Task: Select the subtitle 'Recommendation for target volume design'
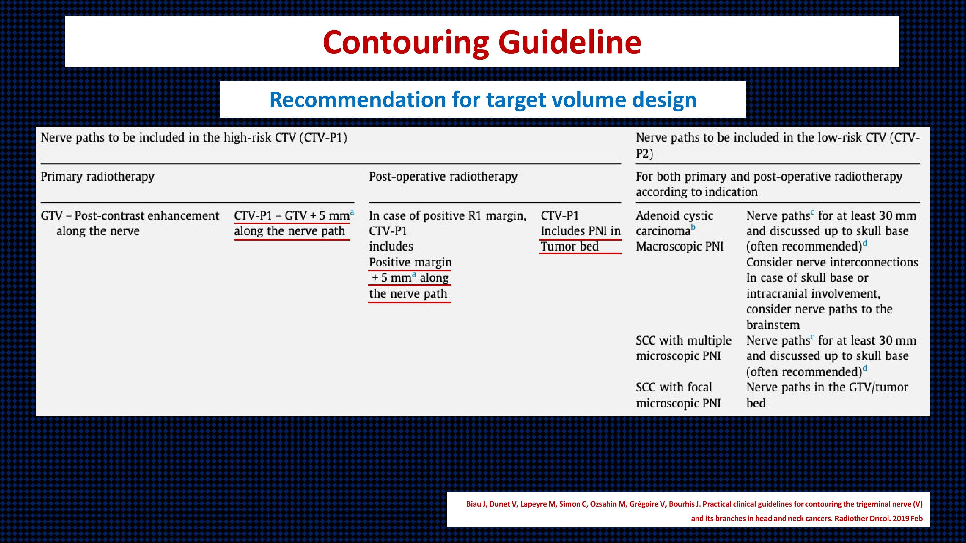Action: pos(483,100)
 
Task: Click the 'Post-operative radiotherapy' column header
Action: pos(443,176)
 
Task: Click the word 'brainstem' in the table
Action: pos(773,325)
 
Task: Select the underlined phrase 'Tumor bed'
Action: pos(570,247)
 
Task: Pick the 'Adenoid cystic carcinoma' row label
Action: pos(674,223)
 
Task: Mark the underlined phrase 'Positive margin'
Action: pos(410,262)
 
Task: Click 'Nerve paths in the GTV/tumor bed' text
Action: pos(827,395)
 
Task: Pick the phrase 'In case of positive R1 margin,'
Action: pos(448,216)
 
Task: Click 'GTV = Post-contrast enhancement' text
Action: pos(130,216)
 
